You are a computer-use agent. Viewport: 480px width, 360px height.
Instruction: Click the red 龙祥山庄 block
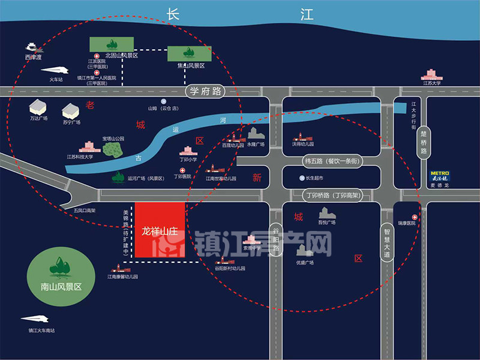pos(159,230)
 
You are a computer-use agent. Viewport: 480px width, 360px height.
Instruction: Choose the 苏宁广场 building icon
pos(71,110)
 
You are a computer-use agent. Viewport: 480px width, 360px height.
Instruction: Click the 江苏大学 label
pos(431,83)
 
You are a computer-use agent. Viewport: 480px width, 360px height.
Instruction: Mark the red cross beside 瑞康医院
pos(414,216)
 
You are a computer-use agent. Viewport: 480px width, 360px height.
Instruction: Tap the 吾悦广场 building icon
pos(326,212)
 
